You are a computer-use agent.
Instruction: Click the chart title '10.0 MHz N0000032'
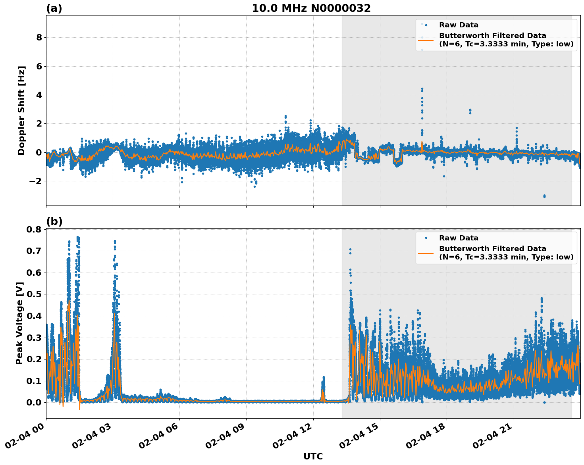pyautogui.click(x=311, y=8)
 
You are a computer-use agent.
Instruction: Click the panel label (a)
pyautogui.click(x=54, y=8)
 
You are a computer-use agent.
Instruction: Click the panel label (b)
pyautogui.click(x=54, y=221)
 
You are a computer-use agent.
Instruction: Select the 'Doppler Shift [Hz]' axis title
pyautogui.click(x=21, y=110)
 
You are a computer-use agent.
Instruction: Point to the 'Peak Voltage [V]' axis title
pyautogui.click(x=19, y=323)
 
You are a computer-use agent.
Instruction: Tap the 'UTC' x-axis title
pyautogui.click(x=313, y=456)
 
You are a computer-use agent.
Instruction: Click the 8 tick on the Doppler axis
pyautogui.click(x=39, y=38)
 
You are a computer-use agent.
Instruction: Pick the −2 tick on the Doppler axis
pyautogui.click(x=37, y=181)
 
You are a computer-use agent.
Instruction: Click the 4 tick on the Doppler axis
pyautogui.click(x=39, y=95)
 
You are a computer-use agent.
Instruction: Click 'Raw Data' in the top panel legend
pyautogui.click(x=459, y=25)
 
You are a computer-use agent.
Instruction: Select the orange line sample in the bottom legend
pyautogui.click(x=426, y=253)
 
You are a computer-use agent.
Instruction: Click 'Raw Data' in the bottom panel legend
pyautogui.click(x=459, y=238)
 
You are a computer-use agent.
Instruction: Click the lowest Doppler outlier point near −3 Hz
pyautogui.click(x=544, y=196)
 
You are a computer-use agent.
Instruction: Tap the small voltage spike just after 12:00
pyautogui.click(x=323, y=383)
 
